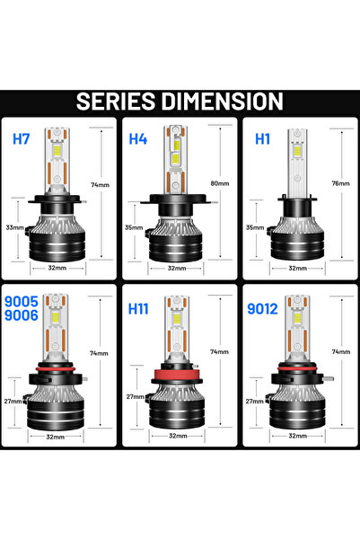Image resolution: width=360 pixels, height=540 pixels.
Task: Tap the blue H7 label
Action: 21,139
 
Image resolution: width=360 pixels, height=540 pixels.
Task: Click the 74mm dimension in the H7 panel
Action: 100,184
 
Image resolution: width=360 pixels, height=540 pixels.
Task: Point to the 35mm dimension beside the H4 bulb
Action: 132,228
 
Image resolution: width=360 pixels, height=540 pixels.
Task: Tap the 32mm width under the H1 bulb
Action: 298,268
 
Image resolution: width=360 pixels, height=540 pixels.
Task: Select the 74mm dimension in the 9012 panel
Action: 340,352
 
